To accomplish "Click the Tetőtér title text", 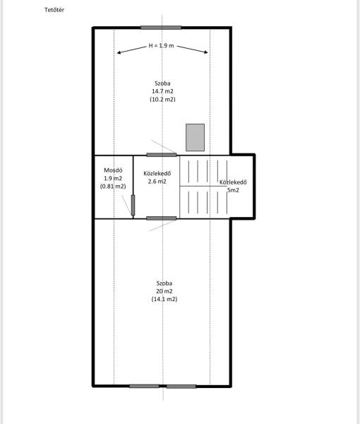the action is point(54,10).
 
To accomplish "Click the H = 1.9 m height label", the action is point(161,46).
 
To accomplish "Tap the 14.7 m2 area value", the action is point(162,91).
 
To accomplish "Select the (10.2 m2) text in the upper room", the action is point(162,99).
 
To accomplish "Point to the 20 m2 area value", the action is point(164,291).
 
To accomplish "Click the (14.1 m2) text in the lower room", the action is point(164,299).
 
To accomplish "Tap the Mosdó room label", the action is point(113,170).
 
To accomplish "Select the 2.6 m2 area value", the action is point(157,182).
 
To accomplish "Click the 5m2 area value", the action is point(233,190).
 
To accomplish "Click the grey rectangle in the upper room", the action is point(195,137).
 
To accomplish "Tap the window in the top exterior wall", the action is point(161,28).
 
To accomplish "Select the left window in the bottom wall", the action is point(144,386).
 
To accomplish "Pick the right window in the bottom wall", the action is point(181,387).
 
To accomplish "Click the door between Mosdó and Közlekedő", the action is point(133,205).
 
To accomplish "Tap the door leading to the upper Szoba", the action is point(162,155).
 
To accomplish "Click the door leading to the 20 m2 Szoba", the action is point(162,218).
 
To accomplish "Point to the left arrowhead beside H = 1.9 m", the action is point(119,53).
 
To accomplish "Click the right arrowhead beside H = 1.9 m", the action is point(206,52).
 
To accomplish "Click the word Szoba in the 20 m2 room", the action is point(164,283).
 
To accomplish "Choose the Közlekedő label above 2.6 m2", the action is point(157,173).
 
